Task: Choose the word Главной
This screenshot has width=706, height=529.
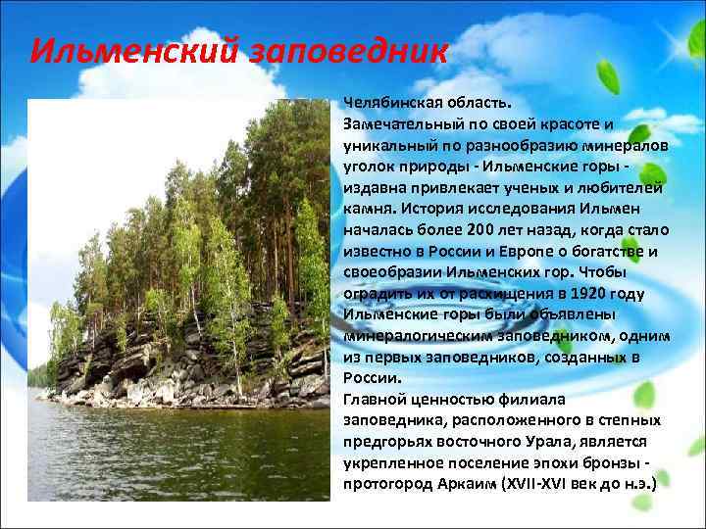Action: pos(378,400)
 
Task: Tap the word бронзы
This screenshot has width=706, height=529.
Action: pos(615,462)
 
